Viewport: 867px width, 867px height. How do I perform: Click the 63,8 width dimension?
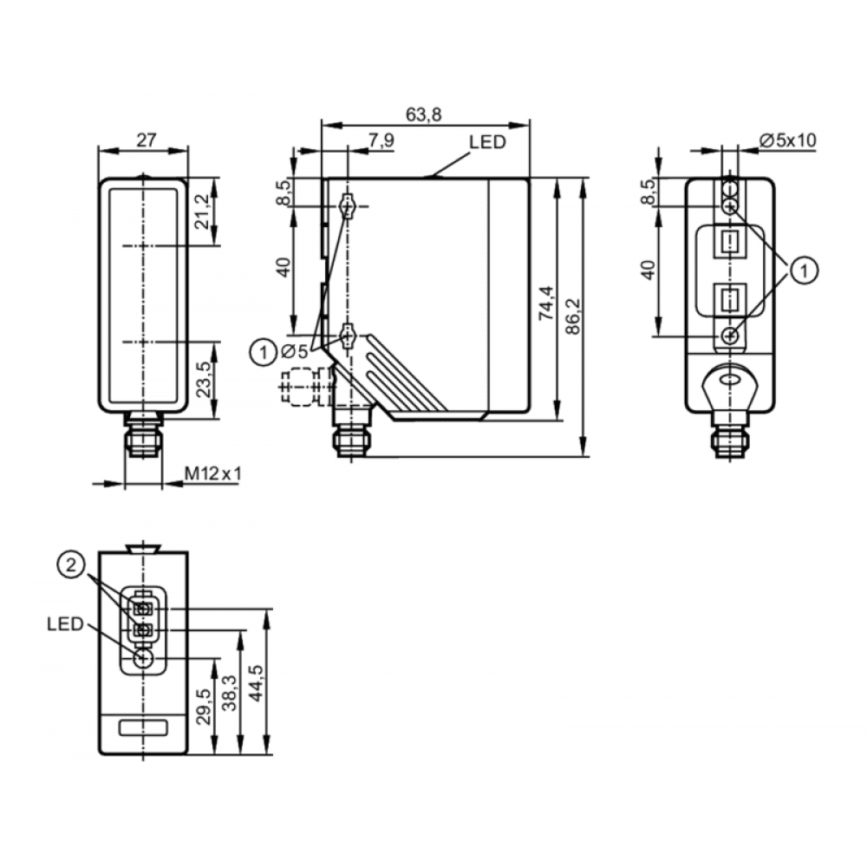click(x=424, y=114)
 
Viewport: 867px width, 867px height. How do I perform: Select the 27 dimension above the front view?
click(x=146, y=140)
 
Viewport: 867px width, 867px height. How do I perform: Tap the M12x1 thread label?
click(x=213, y=473)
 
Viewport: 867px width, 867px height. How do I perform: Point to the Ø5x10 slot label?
click(x=788, y=140)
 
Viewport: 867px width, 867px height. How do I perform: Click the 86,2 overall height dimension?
click(x=573, y=316)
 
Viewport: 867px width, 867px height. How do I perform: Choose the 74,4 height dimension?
click(x=546, y=303)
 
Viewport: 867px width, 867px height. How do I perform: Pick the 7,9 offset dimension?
click(x=381, y=140)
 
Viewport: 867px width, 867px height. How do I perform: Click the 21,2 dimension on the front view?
click(x=204, y=212)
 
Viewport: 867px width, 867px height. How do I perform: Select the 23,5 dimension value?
click(x=204, y=379)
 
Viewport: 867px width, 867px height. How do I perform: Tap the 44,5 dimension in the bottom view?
click(x=256, y=683)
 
